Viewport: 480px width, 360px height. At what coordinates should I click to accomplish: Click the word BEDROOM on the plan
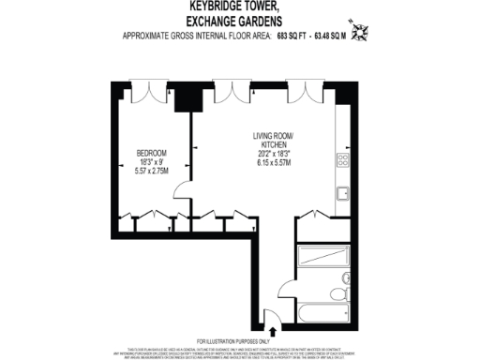click(152, 152)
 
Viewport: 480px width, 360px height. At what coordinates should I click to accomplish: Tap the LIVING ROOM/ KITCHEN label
click(274, 142)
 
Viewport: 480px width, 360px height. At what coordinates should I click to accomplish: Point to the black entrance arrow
click(272, 329)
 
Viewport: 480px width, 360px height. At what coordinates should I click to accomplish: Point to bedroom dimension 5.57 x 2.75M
click(152, 172)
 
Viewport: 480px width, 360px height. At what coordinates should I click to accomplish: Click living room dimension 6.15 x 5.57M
click(274, 162)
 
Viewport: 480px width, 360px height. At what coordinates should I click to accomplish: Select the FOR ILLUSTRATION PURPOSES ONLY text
click(240, 340)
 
